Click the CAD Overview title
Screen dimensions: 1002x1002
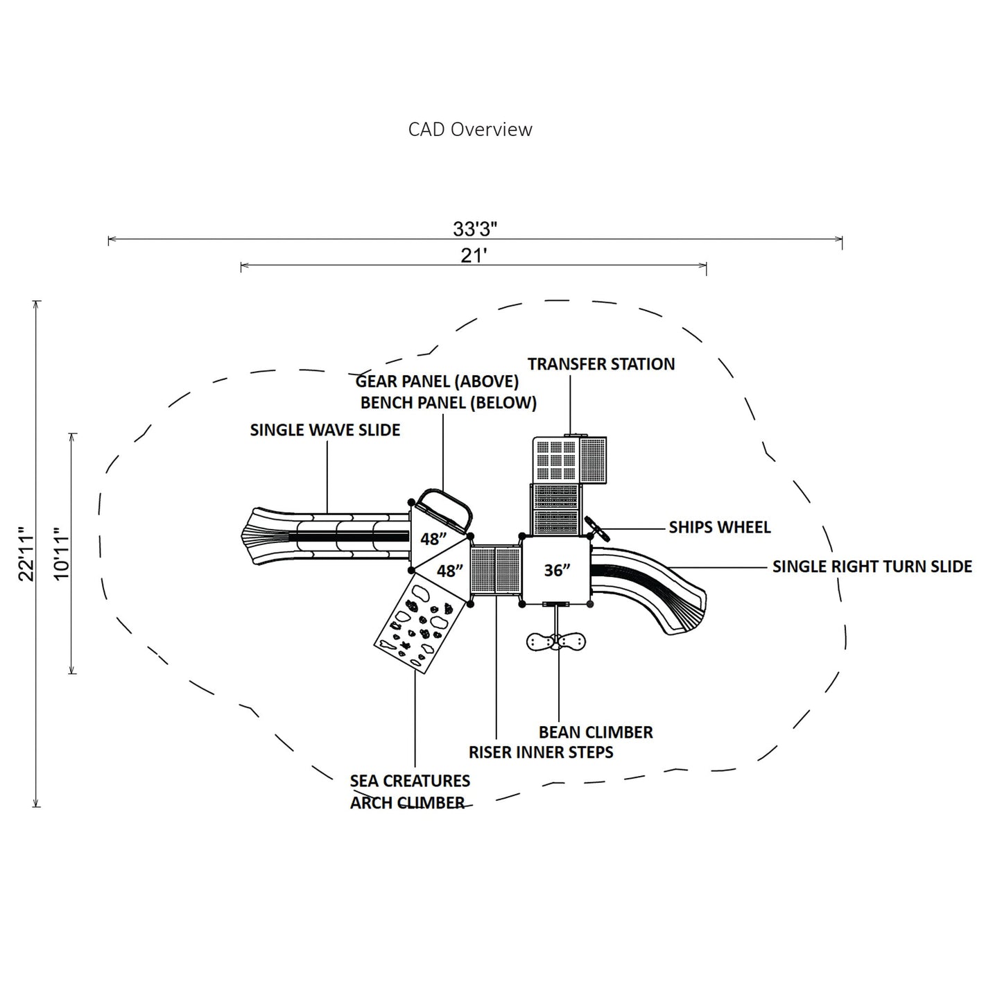470,130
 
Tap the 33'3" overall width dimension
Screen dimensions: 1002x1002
475,229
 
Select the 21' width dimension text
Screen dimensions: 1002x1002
474,256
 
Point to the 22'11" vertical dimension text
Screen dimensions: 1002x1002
26,554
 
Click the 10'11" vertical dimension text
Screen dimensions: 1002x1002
62,553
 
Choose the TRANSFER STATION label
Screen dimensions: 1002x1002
601,364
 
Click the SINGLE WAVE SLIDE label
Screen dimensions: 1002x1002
325,430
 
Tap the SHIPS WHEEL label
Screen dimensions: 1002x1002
719,528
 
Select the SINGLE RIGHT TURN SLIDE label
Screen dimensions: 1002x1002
872,567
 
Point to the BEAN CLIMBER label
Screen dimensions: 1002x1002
596,732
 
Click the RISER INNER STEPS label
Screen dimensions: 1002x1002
541,752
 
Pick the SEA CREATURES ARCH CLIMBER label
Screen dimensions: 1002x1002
409,791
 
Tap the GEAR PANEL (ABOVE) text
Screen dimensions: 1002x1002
437,381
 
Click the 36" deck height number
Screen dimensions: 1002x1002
557,570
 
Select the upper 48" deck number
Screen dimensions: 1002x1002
433,539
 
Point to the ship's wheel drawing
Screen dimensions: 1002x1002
597,529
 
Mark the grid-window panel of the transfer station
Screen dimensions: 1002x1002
557,460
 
